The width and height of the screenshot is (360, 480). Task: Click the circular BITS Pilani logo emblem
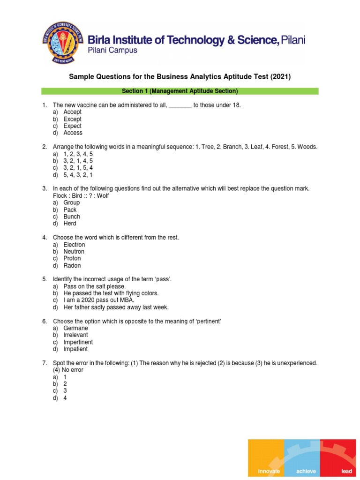click(63, 43)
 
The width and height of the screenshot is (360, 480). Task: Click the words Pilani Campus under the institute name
click(113, 51)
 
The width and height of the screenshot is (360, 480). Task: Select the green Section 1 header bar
click(180, 91)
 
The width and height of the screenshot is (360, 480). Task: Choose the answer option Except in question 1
click(73, 119)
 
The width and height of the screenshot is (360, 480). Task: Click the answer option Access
click(73, 133)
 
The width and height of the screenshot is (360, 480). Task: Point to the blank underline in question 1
click(180, 105)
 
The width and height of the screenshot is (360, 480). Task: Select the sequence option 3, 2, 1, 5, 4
click(78, 168)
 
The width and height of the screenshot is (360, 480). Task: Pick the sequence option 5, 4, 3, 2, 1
click(78, 175)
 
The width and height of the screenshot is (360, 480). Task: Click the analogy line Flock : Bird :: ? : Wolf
click(81, 195)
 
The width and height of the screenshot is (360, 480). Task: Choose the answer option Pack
click(70, 210)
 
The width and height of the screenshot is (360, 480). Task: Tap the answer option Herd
click(70, 224)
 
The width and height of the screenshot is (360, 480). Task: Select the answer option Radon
click(72, 265)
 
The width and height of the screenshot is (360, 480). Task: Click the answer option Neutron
click(74, 252)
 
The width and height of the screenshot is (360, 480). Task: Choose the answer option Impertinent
click(78, 342)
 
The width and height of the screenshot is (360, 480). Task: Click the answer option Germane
click(76, 328)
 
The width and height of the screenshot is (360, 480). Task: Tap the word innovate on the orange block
click(269, 471)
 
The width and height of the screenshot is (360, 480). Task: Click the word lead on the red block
click(346, 471)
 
